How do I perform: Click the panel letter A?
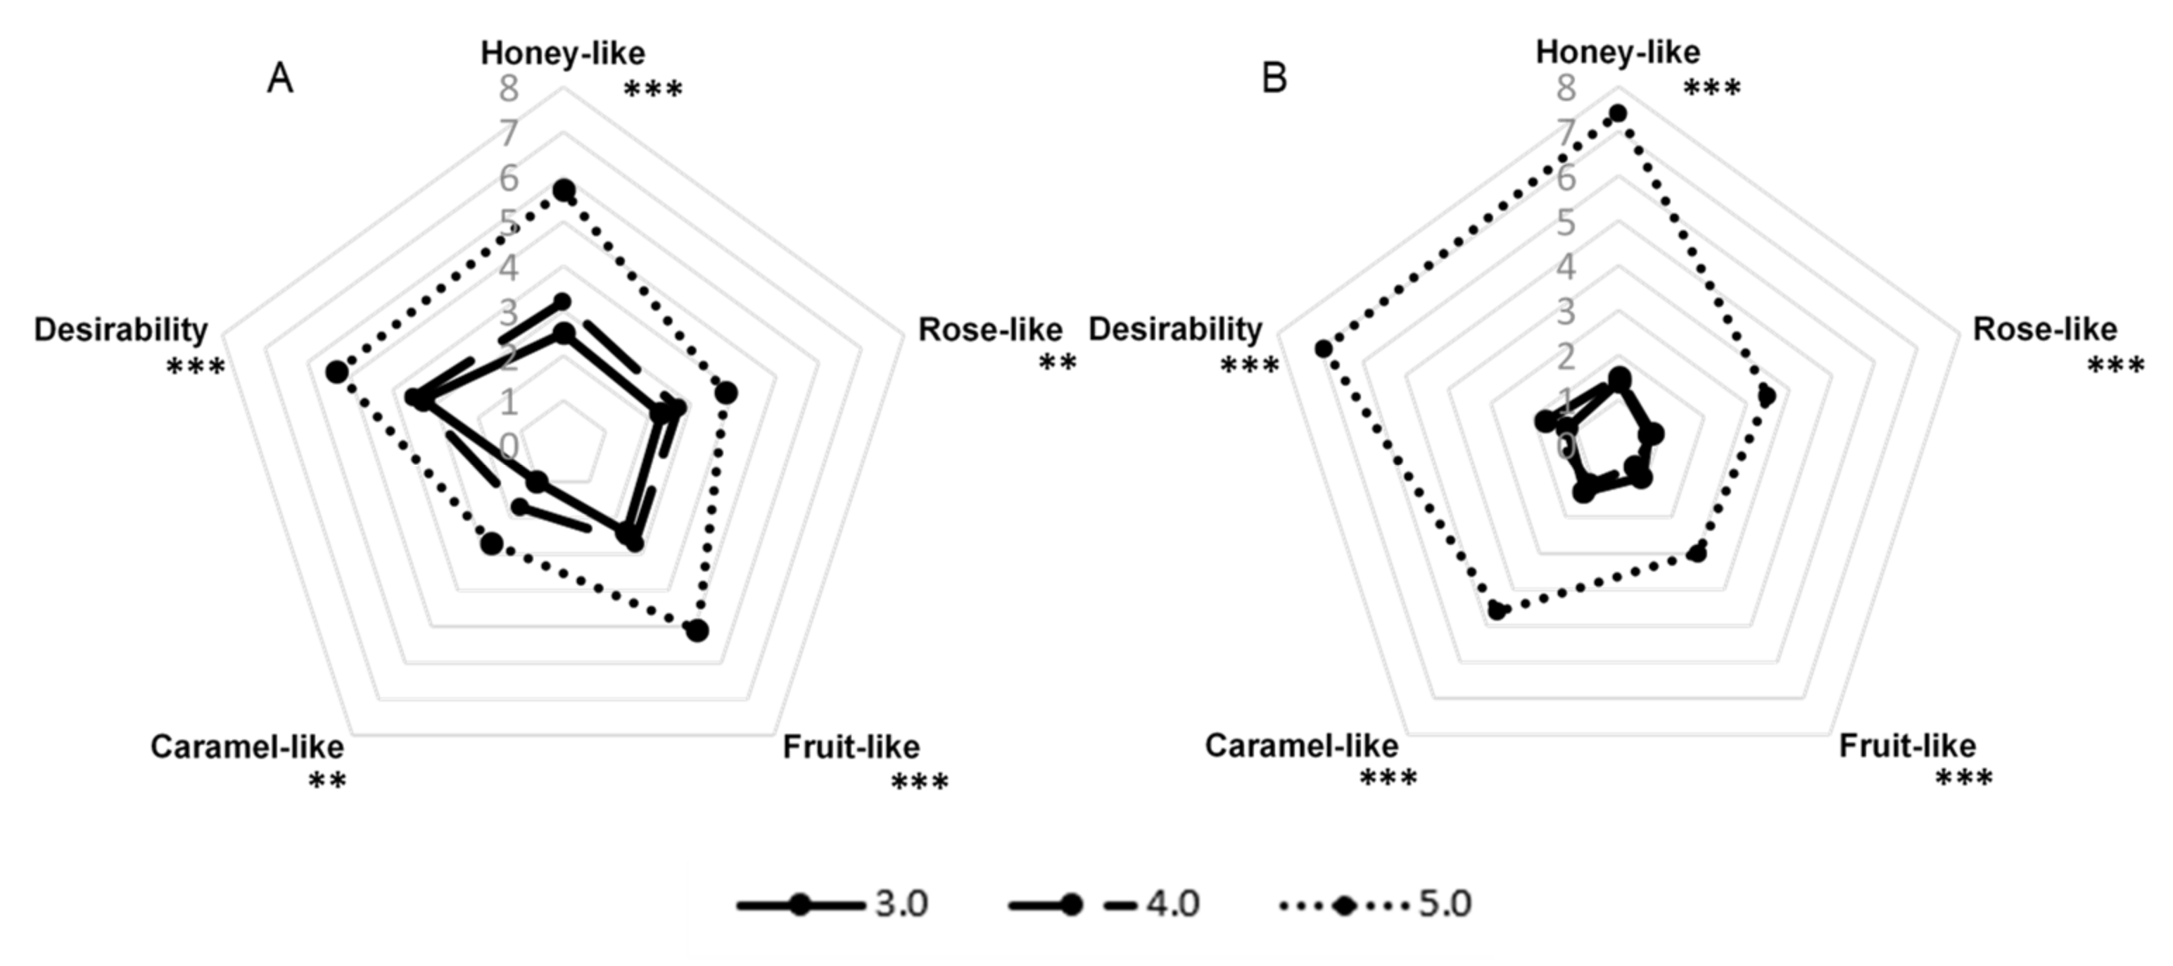[x=280, y=80]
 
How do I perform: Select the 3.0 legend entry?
[x=901, y=905]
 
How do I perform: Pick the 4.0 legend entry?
[x=1172, y=905]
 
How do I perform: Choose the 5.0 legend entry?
[x=1445, y=905]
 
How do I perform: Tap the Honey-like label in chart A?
[x=563, y=53]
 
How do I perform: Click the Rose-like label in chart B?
[x=2045, y=329]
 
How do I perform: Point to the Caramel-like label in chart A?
[x=247, y=746]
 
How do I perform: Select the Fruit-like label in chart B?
[x=1907, y=746]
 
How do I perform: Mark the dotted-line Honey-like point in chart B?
[x=1617, y=113]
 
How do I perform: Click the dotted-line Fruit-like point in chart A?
[x=697, y=630]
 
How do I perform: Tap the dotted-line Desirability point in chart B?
[x=1323, y=349]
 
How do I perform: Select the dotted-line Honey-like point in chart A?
[x=564, y=190]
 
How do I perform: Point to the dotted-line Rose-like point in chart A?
[x=726, y=393]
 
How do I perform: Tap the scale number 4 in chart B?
[x=1566, y=268]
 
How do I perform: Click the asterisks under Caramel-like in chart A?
[x=327, y=783]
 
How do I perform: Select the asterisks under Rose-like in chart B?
[x=2115, y=366]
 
